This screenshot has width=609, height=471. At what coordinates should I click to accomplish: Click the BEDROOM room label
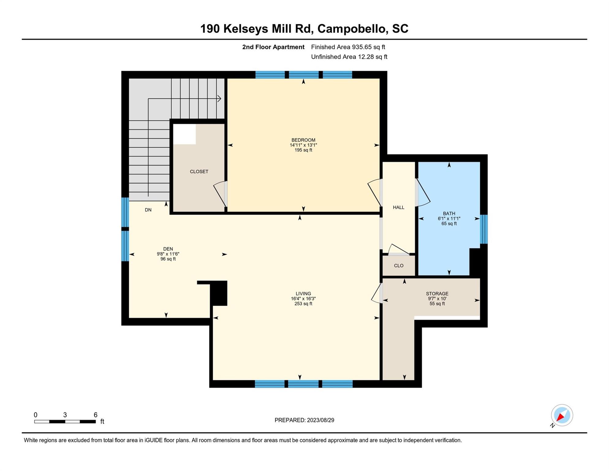coord(303,140)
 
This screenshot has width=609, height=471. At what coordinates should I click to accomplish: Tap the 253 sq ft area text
coord(303,304)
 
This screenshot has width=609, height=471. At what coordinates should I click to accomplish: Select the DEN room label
coord(168,249)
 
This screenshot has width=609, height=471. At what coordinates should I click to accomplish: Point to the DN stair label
coord(148,210)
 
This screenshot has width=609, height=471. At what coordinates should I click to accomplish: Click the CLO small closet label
coord(399,266)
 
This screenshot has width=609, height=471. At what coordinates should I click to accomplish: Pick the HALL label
coord(399,208)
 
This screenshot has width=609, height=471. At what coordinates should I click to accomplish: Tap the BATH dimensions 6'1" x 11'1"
coord(449,219)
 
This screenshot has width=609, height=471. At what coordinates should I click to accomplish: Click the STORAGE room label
coord(437,294)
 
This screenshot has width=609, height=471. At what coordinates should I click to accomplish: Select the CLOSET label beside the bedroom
coord(199,172)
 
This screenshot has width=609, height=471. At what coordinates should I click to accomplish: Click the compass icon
coord(562,415)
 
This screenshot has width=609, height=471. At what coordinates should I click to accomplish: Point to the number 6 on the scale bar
coord(96,415)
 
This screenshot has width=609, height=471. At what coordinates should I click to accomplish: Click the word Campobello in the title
coord(351,29)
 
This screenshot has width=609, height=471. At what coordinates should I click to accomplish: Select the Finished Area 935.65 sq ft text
coord(348,47)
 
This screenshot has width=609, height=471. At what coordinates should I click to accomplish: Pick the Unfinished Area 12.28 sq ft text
coord(349,57)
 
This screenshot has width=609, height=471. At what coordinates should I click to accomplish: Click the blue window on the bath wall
coord(484,229)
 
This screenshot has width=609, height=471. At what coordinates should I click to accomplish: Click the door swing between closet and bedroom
coord(219,193)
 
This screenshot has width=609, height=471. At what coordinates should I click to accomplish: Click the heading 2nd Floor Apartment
coord(273,47)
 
